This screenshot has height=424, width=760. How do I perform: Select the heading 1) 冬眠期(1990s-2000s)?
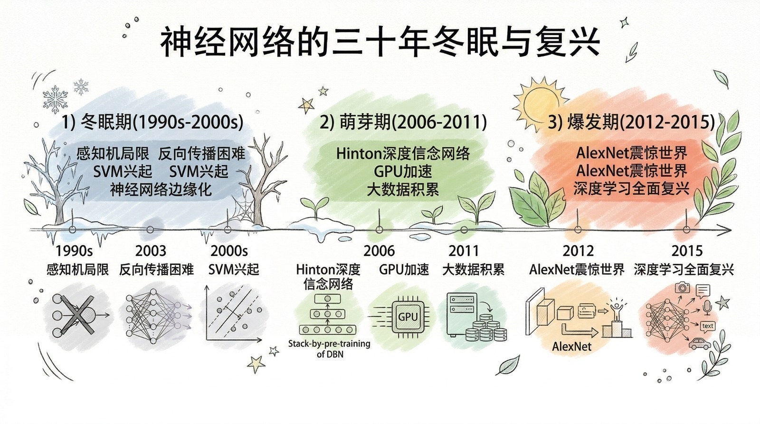click(153, 122)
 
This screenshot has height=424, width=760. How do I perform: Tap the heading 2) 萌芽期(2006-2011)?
click(403, 122)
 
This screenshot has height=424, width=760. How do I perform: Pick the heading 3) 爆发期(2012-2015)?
click(631, 122)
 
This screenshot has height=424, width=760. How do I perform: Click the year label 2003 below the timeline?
click(151, 251)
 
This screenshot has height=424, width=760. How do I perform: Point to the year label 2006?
click(379, 251)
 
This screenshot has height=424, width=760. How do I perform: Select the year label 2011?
click(464, 251)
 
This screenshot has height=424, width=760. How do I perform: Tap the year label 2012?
click(578, 251)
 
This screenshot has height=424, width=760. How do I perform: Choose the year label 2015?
click(687, 251)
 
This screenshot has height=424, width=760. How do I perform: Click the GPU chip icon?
click(407, 317)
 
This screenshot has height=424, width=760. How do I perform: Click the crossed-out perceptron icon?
click(76, 314)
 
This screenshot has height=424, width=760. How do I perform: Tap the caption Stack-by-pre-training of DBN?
click(329, 349)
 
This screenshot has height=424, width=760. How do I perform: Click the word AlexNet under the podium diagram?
click(572, 347)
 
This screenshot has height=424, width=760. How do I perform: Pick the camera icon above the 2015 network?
click(683, 287)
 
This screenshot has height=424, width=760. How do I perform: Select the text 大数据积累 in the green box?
click(403, 190)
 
